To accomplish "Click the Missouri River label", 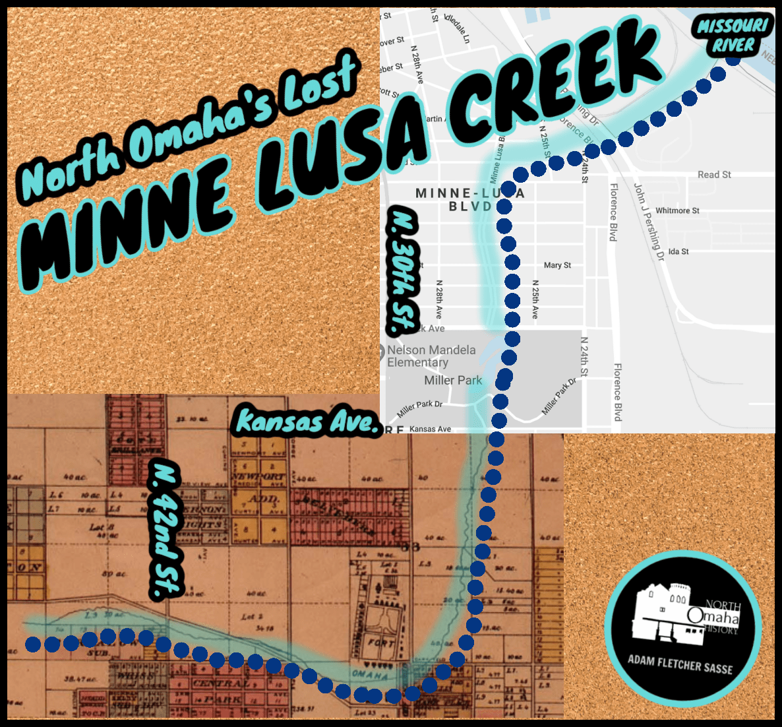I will pos(733,36).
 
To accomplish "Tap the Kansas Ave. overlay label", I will pos(307,422).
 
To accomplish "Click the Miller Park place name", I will pos(453,381).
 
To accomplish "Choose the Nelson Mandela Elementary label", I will pos(431,356).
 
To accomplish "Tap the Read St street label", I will pos(714,175).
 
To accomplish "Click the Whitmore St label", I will pos(677,210).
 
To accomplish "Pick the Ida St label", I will pos(678,251).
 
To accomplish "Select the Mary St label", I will pos(557,265).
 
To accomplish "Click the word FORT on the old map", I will pos(381,643).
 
